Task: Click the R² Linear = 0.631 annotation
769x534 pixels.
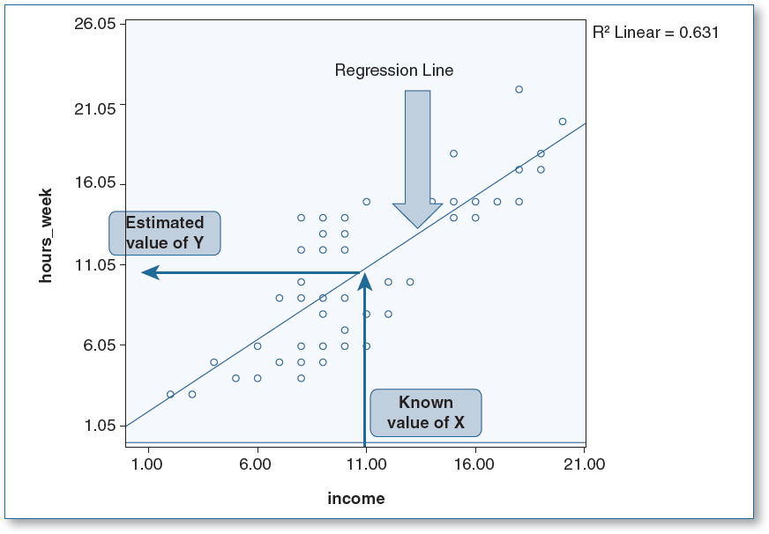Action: pos(657,33)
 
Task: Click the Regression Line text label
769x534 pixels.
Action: pos(394,70)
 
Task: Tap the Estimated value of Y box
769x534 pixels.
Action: pos(164,233)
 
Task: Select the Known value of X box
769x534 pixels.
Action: pos(426,412)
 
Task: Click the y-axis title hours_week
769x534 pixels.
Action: pos(47,234)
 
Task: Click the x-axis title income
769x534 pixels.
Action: pos(356,499)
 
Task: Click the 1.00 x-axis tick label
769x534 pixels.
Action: pos(147,464)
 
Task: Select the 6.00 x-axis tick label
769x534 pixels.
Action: pos(257,464)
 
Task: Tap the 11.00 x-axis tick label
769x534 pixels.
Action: pos(365,464)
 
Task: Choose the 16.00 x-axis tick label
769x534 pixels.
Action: pos(475,464)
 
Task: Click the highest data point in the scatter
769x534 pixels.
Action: pos(519,89)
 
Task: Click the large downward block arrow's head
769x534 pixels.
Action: pos(417,216)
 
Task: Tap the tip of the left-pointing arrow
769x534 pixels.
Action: pos(145,273)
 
